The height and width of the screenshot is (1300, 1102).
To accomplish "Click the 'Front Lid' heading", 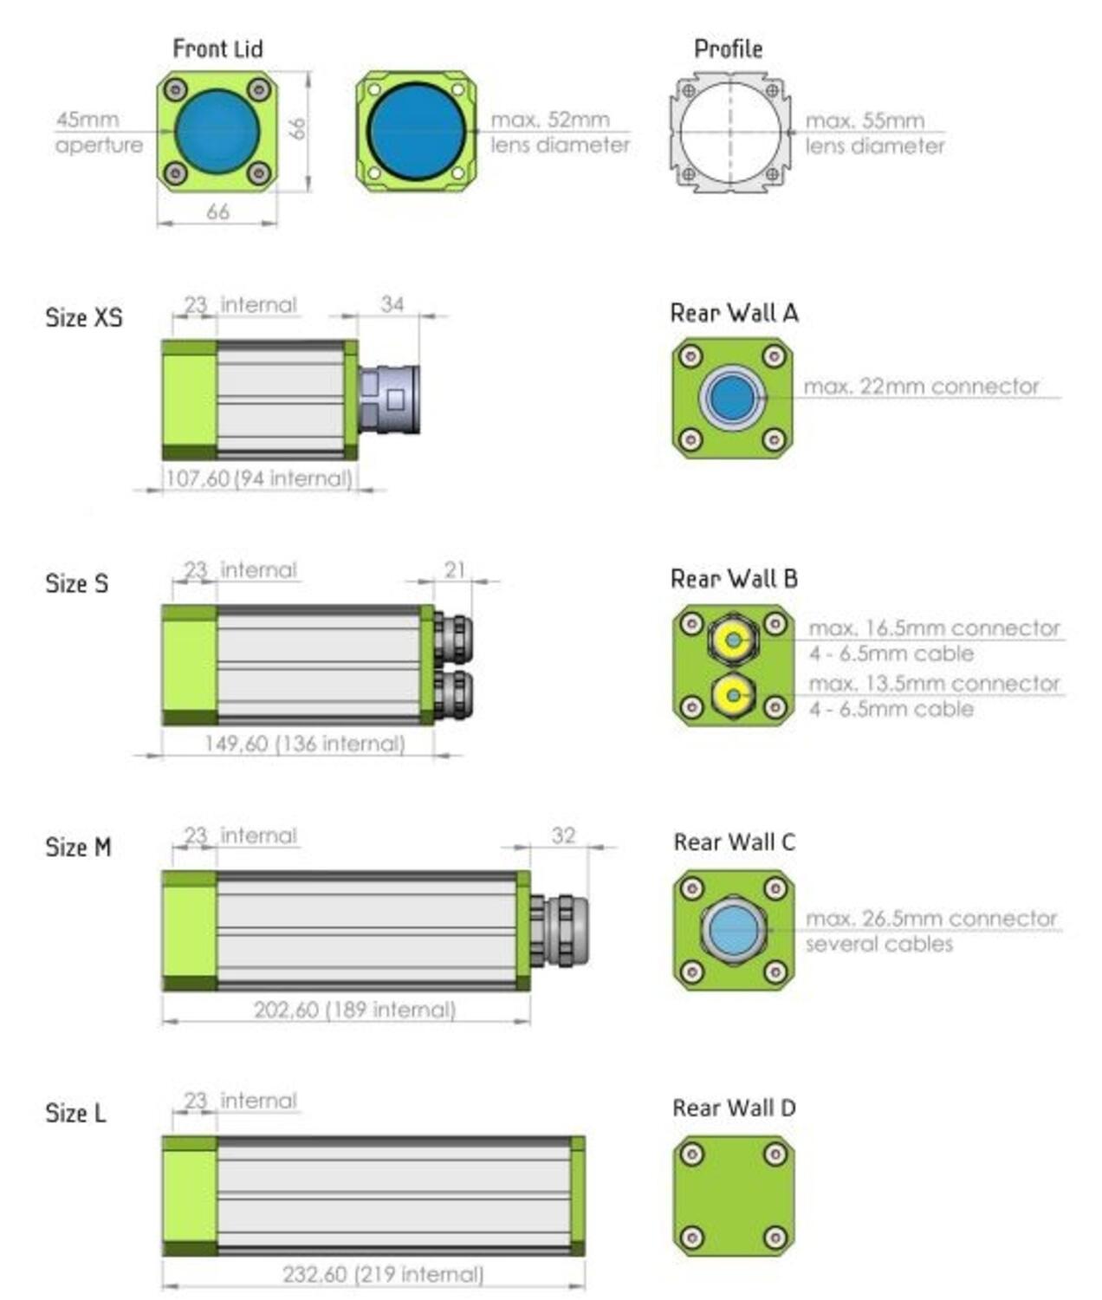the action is (x=217, y=49).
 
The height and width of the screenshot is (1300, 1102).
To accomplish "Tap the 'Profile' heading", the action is (x=728, y=49).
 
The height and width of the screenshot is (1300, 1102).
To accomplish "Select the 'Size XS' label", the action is (x=84, y=317).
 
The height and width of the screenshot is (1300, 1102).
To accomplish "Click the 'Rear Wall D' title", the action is (x=735, y=1108).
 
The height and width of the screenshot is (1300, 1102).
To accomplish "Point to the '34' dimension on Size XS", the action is (x=392, y=304).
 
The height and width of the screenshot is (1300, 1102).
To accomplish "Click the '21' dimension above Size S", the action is (x=455, y=569).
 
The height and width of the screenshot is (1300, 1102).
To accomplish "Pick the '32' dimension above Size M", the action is (x=563, y=835).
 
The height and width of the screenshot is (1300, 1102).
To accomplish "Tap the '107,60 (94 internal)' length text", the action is (x=258, y=478).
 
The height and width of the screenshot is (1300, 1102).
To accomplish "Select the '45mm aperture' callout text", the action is (x=100, y=132).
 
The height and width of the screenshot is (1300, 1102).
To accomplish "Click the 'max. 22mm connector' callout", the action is (x=921, y=387).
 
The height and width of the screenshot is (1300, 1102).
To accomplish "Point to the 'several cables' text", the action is (x=879, y=944).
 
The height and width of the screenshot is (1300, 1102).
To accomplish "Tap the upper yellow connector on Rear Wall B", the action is (x=734, y=640).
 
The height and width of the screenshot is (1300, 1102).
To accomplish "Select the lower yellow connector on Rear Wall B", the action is (x=734, y=695).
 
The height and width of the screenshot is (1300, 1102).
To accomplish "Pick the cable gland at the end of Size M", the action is (x=560, y=930).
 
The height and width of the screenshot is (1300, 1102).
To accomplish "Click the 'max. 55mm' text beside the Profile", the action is (x=865, y=120).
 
